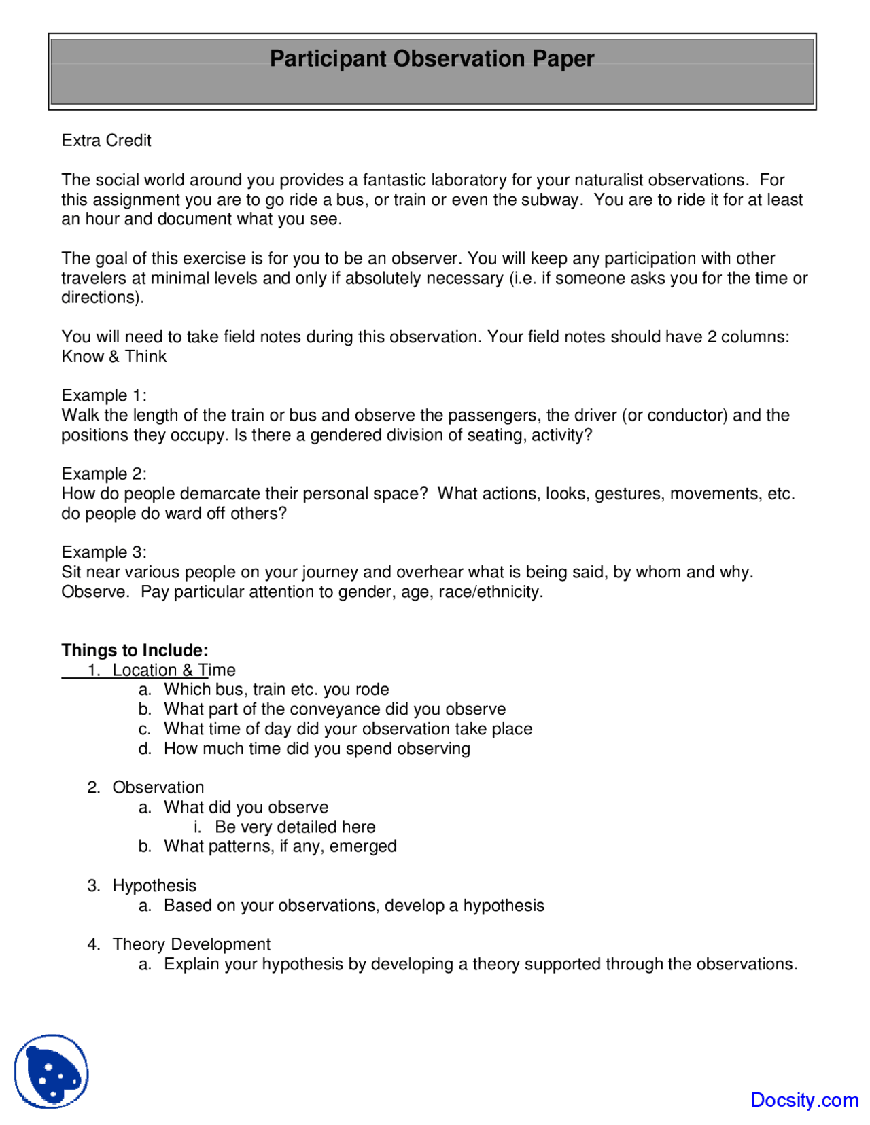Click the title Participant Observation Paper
(432, 58)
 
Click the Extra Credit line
(106, 141)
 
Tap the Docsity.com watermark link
(804, 1099)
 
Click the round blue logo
(52, 1071)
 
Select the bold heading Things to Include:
(135, 650)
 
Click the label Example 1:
(103, 395)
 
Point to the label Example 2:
(103, 474)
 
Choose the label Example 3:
(103, 552)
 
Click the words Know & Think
(114, 357)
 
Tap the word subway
(554, 200)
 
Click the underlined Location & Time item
(174, 670)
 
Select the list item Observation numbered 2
(158, 787)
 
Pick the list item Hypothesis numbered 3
(154, 886)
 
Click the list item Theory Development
(191, 944)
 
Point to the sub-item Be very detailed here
(295, 827)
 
